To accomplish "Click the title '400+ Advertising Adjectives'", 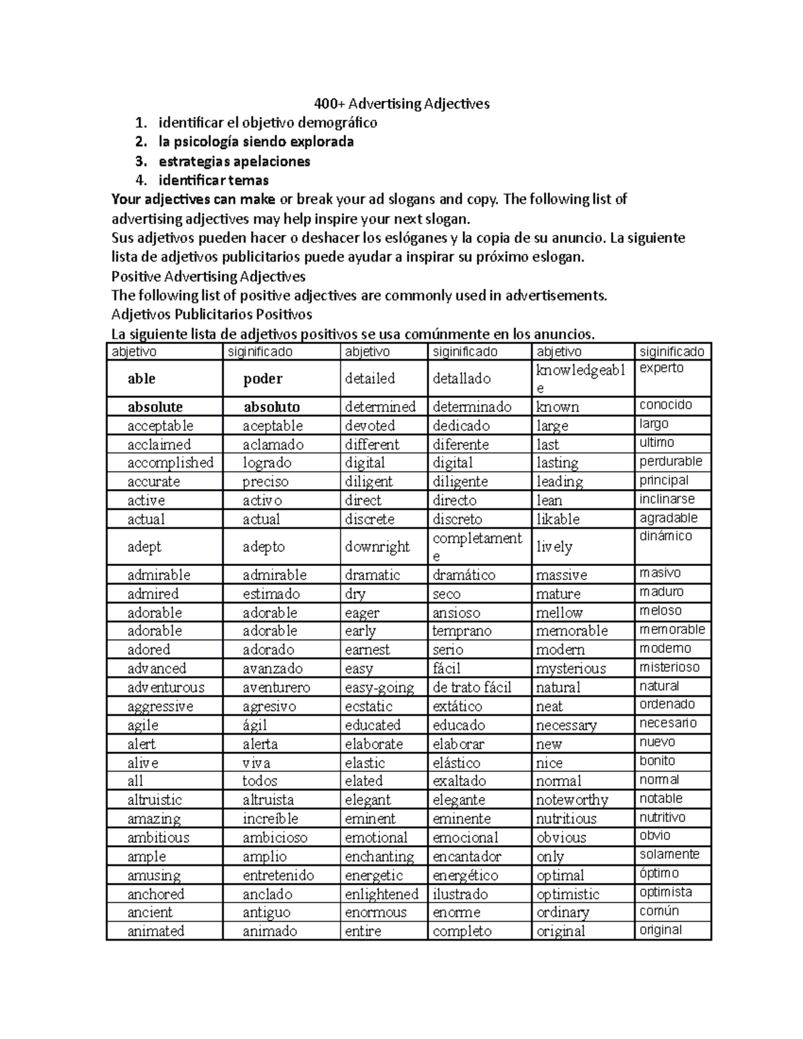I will tap(402, 104).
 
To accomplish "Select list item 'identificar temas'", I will tap(213, 180).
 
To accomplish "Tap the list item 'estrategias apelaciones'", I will tap(234, 161).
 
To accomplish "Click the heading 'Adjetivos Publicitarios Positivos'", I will tap(211, 314).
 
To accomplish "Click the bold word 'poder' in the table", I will tap(262, 379).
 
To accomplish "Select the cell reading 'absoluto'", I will tap(271, 407).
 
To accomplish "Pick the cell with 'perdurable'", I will tap(671, 461).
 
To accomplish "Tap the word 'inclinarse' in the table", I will tap(666, 499).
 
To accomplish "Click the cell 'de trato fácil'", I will tap(472, 687).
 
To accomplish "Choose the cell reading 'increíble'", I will tap(270, 819).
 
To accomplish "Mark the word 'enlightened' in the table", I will tap(381, 894).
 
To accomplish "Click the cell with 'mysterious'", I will tap(571, 668).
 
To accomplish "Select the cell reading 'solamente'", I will tap(669, 854).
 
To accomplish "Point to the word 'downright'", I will tap(377, 547).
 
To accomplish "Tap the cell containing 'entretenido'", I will tap(278, 875).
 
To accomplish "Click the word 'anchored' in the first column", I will tap(155, 894).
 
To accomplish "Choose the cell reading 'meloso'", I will tap(660, 611).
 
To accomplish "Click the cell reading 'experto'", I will tap(661, 368).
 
